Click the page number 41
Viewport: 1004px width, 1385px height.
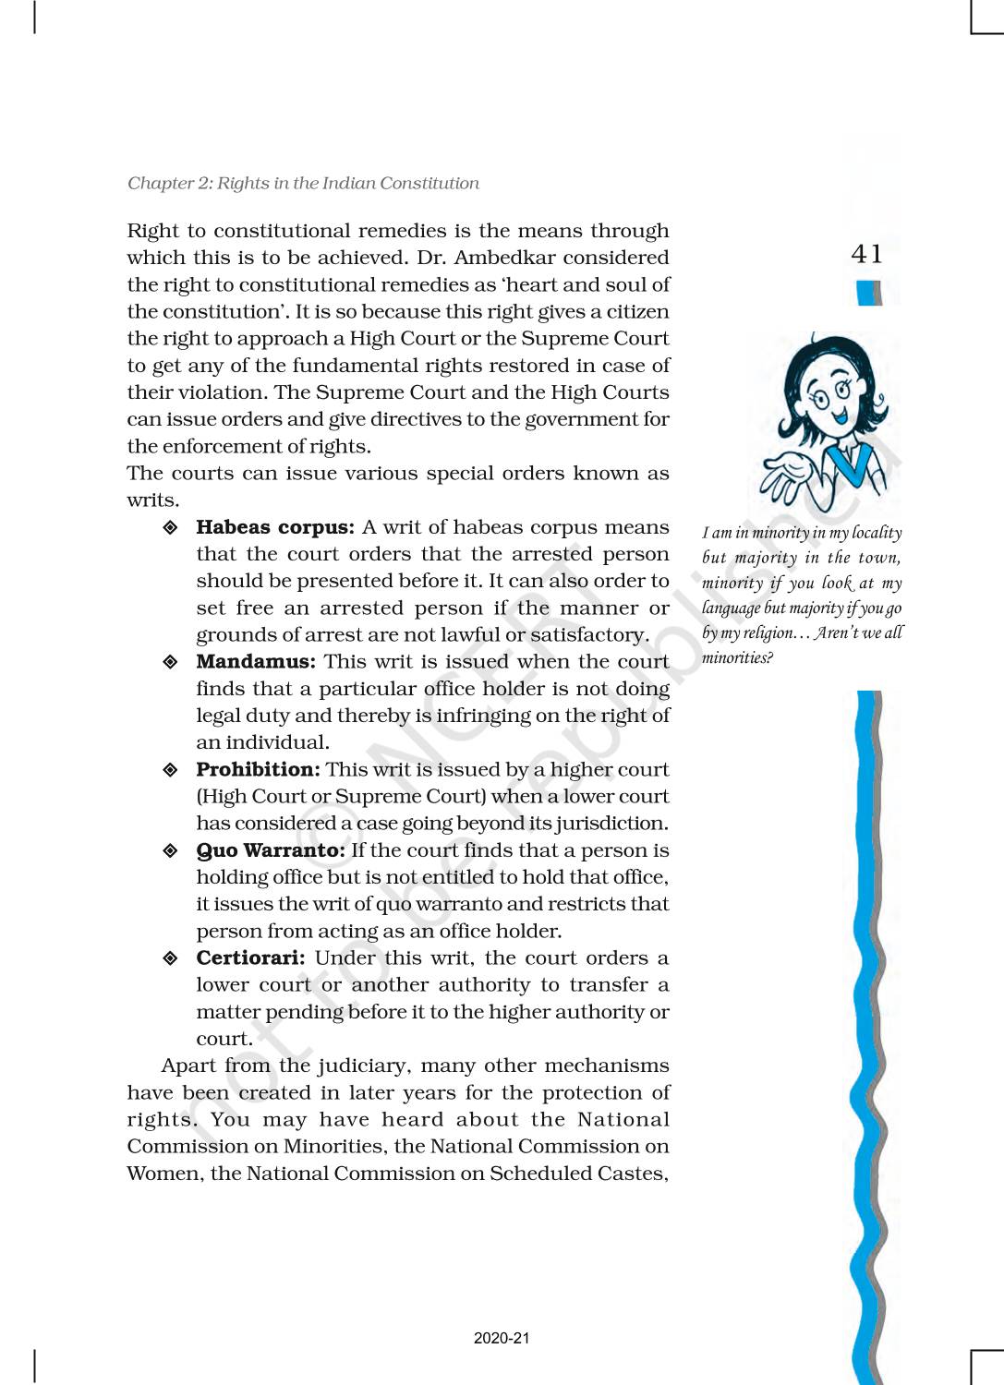coord(866,254)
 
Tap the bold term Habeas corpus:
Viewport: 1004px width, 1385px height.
coord(274,527)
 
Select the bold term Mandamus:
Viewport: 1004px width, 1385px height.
coord(255,662)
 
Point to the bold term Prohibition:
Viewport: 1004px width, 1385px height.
coord(258,770)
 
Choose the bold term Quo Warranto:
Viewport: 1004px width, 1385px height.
coord(271,850)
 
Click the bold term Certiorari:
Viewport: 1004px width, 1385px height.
coord(250,958)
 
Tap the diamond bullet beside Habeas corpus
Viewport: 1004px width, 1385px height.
coord(170,528)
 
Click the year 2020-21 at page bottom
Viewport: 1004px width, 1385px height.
coord(502,1338)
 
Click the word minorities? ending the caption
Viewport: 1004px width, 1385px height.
coord(737,657)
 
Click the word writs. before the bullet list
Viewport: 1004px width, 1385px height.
coord(152,500)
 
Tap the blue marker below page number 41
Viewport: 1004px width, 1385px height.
coord(868,293)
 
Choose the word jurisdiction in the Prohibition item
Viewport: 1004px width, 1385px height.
coord(611,824)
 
